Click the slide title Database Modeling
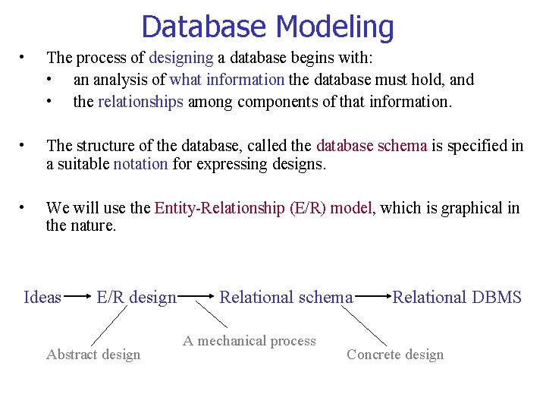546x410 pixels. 267,27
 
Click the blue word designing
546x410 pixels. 181,58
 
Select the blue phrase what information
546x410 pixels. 227,80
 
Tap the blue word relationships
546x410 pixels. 140,102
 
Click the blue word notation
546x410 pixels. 140,164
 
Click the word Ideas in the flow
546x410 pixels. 42,297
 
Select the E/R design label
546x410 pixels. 136,297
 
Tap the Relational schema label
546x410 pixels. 286,297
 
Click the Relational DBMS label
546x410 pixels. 457,297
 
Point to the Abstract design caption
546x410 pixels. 93,355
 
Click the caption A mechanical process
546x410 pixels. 249,341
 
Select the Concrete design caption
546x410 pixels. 394,355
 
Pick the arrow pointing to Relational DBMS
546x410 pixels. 372,297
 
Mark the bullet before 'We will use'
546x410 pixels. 24,207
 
